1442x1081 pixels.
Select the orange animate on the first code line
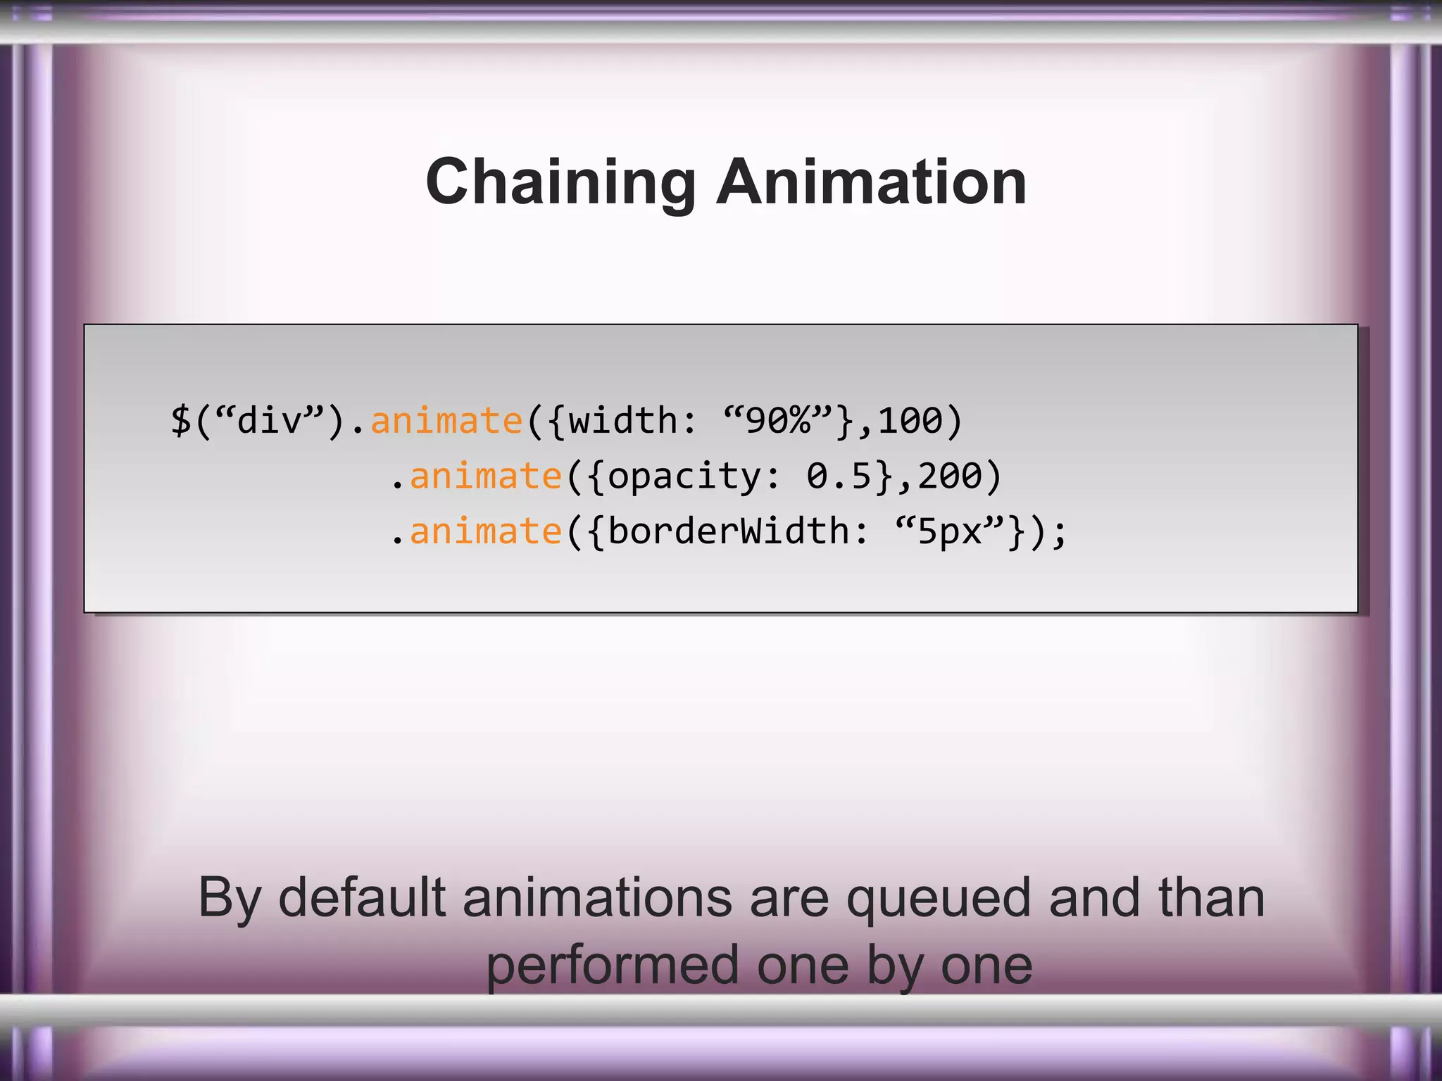(446, 421)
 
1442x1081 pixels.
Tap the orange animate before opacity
(485, 476)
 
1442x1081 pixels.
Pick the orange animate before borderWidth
(485, 531)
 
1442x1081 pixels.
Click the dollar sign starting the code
(181, 421)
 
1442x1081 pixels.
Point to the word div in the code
(270, 421)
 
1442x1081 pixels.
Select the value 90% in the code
(778, 421)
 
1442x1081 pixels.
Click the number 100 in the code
(910, 421)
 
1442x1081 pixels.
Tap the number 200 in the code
(950, 476)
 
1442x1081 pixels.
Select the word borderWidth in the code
(729, 531)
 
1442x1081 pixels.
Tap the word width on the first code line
(622, 421)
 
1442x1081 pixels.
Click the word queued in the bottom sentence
(939, 899)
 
